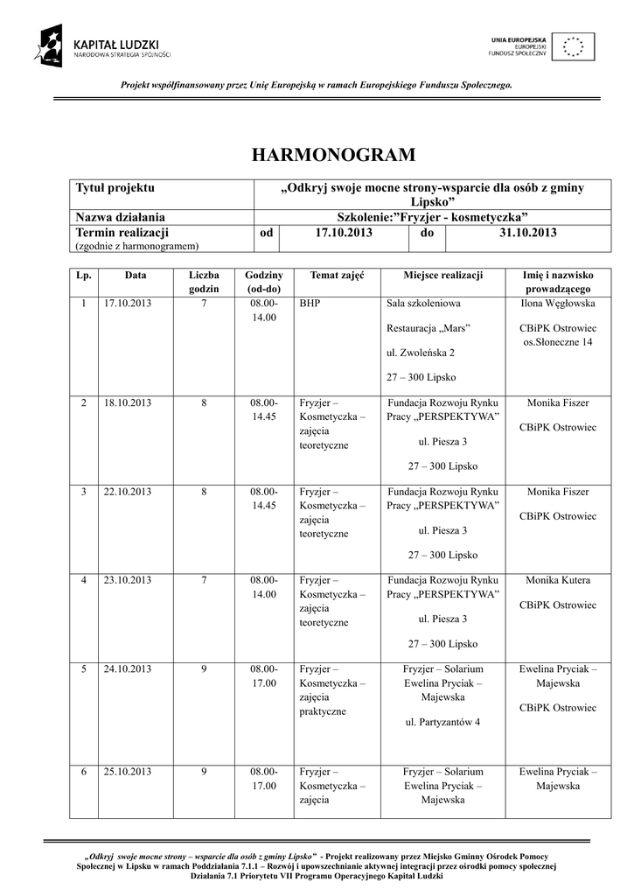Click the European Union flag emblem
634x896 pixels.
pos(575,46)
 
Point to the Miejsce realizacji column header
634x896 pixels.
pos(442,275)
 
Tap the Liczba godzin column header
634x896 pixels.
pos(204,281)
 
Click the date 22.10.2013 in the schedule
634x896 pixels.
pos(128,492)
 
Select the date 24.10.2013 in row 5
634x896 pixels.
pos(128,669)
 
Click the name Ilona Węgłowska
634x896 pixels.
pos(558,304)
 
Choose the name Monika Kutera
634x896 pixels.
pos(558,580)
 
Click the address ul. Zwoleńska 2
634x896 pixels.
pos(420,353)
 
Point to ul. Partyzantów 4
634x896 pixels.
pos(442,723)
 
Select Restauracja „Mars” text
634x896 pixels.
pos(428,328)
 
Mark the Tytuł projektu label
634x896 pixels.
pos(115,187)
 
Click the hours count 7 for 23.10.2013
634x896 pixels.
pos(204,580)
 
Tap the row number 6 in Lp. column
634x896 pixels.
pos(84,772)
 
